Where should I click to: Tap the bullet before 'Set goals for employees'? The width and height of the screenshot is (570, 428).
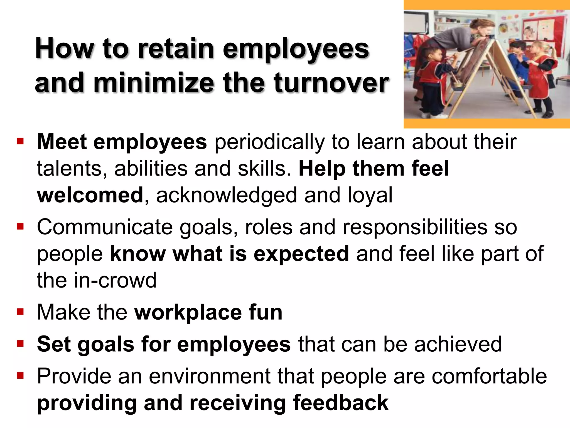point(20,343)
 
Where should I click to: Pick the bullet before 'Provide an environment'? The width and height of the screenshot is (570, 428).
point(20,375)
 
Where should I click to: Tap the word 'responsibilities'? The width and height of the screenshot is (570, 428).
point(415,227)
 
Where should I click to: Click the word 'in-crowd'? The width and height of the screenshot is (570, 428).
point(115,280)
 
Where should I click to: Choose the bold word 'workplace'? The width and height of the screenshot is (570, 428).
point(188,312)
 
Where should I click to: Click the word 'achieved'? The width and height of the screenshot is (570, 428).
point(458,344)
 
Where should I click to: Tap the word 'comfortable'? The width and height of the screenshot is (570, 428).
point(489,376)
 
